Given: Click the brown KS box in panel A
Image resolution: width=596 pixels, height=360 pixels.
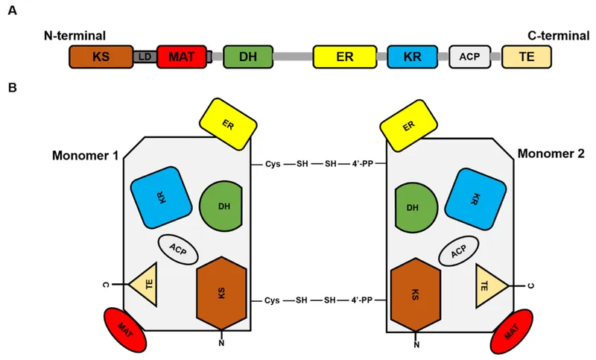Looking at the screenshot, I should pos(100,56).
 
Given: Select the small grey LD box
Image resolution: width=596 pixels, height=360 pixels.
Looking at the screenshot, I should pos(145,57).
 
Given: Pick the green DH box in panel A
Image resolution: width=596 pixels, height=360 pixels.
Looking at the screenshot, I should pos(248,56).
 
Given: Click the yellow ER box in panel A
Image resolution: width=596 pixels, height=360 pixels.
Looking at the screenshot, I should pos(343,56).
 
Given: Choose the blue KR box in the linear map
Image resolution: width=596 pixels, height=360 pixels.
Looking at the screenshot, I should pos(411,56).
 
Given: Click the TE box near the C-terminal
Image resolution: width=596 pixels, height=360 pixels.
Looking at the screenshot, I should pos(526,56).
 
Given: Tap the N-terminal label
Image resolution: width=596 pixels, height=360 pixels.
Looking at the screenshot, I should pos(75,34).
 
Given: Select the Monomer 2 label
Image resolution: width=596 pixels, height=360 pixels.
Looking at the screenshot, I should pos(552,154).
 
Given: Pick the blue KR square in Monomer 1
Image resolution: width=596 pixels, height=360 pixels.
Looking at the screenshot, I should pos(160,197).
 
